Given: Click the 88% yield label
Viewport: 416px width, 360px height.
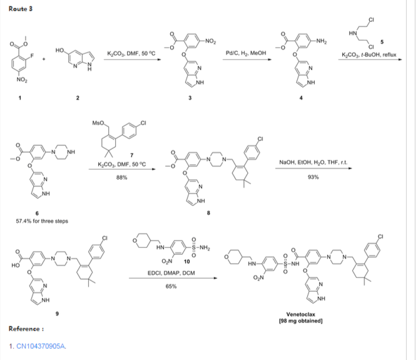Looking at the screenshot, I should click(x=122, y=178).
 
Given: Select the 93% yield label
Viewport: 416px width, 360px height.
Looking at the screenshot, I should click(x=313, y=177).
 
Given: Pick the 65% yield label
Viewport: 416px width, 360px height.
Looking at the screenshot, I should click(x=170, y=286).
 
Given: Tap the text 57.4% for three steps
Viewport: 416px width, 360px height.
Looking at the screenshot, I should click(x=38, y=221).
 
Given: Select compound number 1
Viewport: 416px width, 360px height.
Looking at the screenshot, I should click(x=19, y=96).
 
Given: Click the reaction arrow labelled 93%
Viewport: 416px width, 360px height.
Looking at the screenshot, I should click(x=313, y=170).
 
